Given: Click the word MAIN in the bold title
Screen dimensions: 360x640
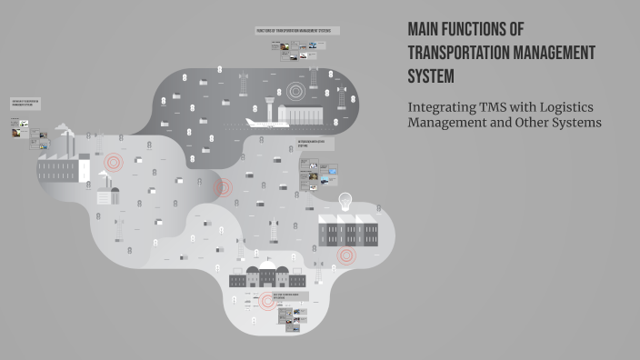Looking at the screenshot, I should coord(425,30).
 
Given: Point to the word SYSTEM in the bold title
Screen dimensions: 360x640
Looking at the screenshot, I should coord(431,75).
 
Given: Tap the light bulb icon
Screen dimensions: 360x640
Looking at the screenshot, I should coord(345,201).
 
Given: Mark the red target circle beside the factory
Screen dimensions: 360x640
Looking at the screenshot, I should coord(114,163).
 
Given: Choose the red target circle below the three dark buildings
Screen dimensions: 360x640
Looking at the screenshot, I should coord(346,255).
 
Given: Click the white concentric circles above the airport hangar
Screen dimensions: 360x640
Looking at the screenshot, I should coord(295,91).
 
